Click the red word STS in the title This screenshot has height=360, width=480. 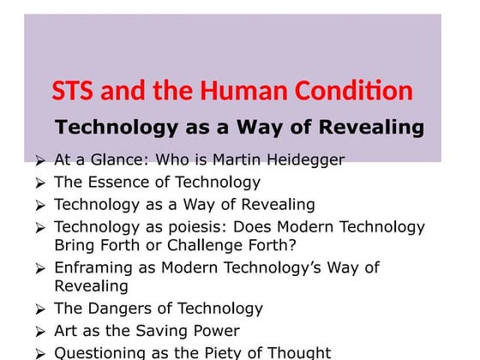(74, 91)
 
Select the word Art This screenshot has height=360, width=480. (66, 331)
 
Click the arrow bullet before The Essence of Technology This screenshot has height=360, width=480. (40, 183)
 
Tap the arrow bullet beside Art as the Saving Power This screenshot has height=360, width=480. (40, 332)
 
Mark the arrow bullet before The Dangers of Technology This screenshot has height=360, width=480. (40, 309)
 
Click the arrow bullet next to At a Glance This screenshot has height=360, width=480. (40, 160)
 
